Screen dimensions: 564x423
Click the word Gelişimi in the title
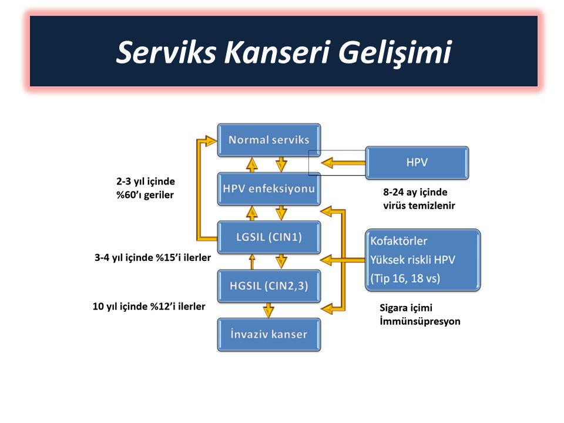[395, 52]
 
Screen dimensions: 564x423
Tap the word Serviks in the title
[166, 52]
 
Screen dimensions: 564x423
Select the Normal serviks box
[269, 140]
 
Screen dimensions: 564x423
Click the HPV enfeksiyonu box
[269, 189]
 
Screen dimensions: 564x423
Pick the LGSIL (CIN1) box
[269, 237]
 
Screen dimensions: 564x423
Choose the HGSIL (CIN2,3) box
[269, 286]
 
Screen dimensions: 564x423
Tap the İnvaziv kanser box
[269, 334]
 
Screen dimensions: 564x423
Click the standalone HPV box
[417, 163]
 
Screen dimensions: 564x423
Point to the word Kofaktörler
[399, 241]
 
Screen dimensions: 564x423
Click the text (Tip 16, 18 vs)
[405, 278]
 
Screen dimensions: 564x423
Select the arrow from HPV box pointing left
[343, 163]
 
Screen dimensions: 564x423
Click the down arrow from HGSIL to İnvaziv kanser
[268, 310]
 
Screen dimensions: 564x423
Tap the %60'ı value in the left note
[129, 195]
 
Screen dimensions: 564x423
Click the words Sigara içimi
[406, 308]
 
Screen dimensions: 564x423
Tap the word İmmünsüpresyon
[420, 321]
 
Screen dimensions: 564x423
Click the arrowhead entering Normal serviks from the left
[210, 140]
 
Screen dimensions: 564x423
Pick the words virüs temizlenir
[419, 206]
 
